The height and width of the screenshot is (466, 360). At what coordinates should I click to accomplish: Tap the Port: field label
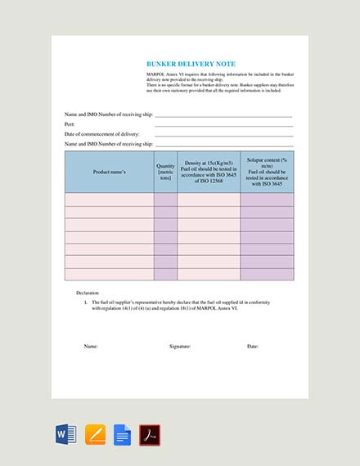pos(70,124)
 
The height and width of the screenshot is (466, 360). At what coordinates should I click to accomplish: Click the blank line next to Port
pos(223,126)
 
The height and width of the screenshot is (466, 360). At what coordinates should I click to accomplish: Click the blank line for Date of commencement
pos(223,136)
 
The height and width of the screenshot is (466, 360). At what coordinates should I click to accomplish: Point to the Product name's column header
pos(109,172)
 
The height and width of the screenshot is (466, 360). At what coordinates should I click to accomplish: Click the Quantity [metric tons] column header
pos(165,172)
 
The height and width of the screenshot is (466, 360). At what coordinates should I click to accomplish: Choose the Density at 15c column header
pos(208,172)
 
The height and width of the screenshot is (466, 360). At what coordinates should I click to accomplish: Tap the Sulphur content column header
pos(267,172)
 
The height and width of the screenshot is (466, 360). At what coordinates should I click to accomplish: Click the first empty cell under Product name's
pos(109,199)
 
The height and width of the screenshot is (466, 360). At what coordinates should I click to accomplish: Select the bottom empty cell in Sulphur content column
pos(267,275)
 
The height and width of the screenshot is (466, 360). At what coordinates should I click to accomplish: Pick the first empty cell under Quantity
pos(165,199)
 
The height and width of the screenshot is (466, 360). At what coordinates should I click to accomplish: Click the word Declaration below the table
pos(87,293)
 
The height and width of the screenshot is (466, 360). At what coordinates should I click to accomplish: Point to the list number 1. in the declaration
pos(86,302)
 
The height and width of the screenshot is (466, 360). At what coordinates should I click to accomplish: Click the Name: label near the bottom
pos(91,347)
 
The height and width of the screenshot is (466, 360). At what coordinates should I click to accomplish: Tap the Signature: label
pos(180,347)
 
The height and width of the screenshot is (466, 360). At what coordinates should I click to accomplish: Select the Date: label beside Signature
pos(253,347)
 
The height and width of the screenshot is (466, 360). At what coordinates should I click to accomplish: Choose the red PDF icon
pos(149,434)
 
